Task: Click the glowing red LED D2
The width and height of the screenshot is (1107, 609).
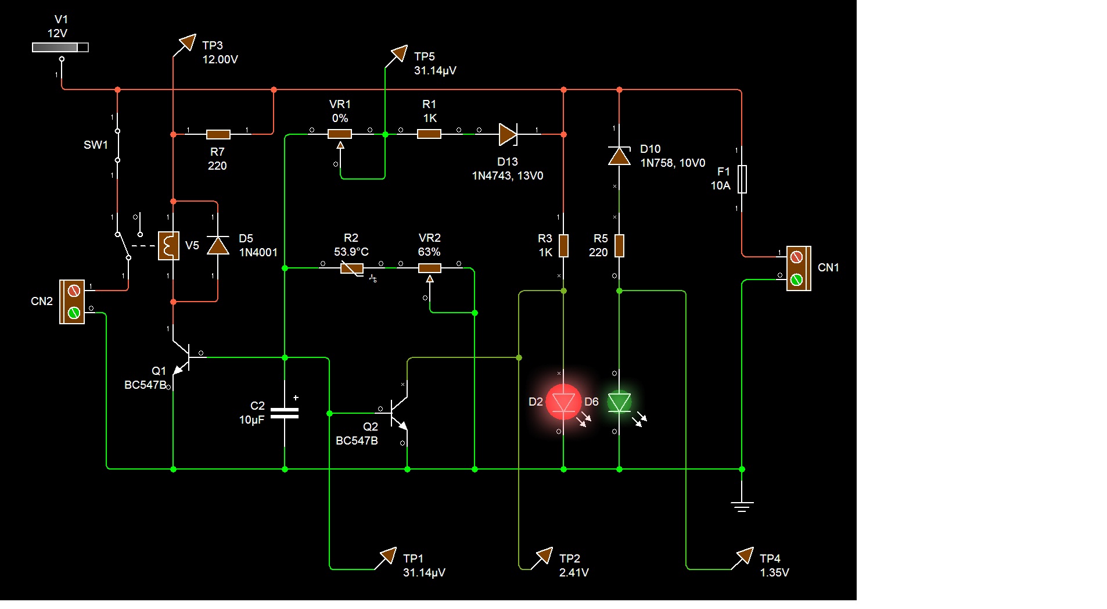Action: pyautogui.click(x=563, y=402)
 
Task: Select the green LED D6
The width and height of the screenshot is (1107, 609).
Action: pyautogui.click(x=619, y=402)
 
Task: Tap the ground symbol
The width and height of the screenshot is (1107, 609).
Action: pyautogui.click(x=742, y=507)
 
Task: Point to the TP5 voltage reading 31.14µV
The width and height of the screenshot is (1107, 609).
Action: pyautogui.click(x=435, y=70)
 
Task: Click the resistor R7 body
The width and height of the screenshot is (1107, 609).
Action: pyautogui.click(x=218, y=134)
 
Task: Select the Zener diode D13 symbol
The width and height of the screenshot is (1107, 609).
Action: pyautogui.click(x=508, y=134)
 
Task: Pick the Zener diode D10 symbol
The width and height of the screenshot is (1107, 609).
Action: pyautogui.click(x=619, y=156)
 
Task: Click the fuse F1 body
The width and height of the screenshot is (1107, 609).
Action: pyautogui.click(x=742, y=179)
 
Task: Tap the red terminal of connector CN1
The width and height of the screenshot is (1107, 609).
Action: pyautogui.click(x=797, y=256)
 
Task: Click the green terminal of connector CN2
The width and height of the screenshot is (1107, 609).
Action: pyautogui.click(x=74, y=313)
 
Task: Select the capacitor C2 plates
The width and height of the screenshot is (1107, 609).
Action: pyautogui.click(x=285, y=413)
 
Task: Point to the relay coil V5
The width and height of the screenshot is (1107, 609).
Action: pyautogui.click(x=168, y=246)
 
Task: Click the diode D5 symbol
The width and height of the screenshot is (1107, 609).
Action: pyautogui.click(x=218, y=245)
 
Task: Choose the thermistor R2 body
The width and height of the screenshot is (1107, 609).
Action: pyautogui.click(x=351, y=268)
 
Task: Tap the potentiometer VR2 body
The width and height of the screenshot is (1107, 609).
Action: pyautogui.click(x=430, y=268)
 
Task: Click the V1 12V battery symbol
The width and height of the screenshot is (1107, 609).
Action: pyautogui.click(x=60, y=48)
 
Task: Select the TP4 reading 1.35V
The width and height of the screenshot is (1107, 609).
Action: pyautogui.click(x=774, y=572)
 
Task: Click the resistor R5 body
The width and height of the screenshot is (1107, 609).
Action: pyautogui.click(x=619, y=246)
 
